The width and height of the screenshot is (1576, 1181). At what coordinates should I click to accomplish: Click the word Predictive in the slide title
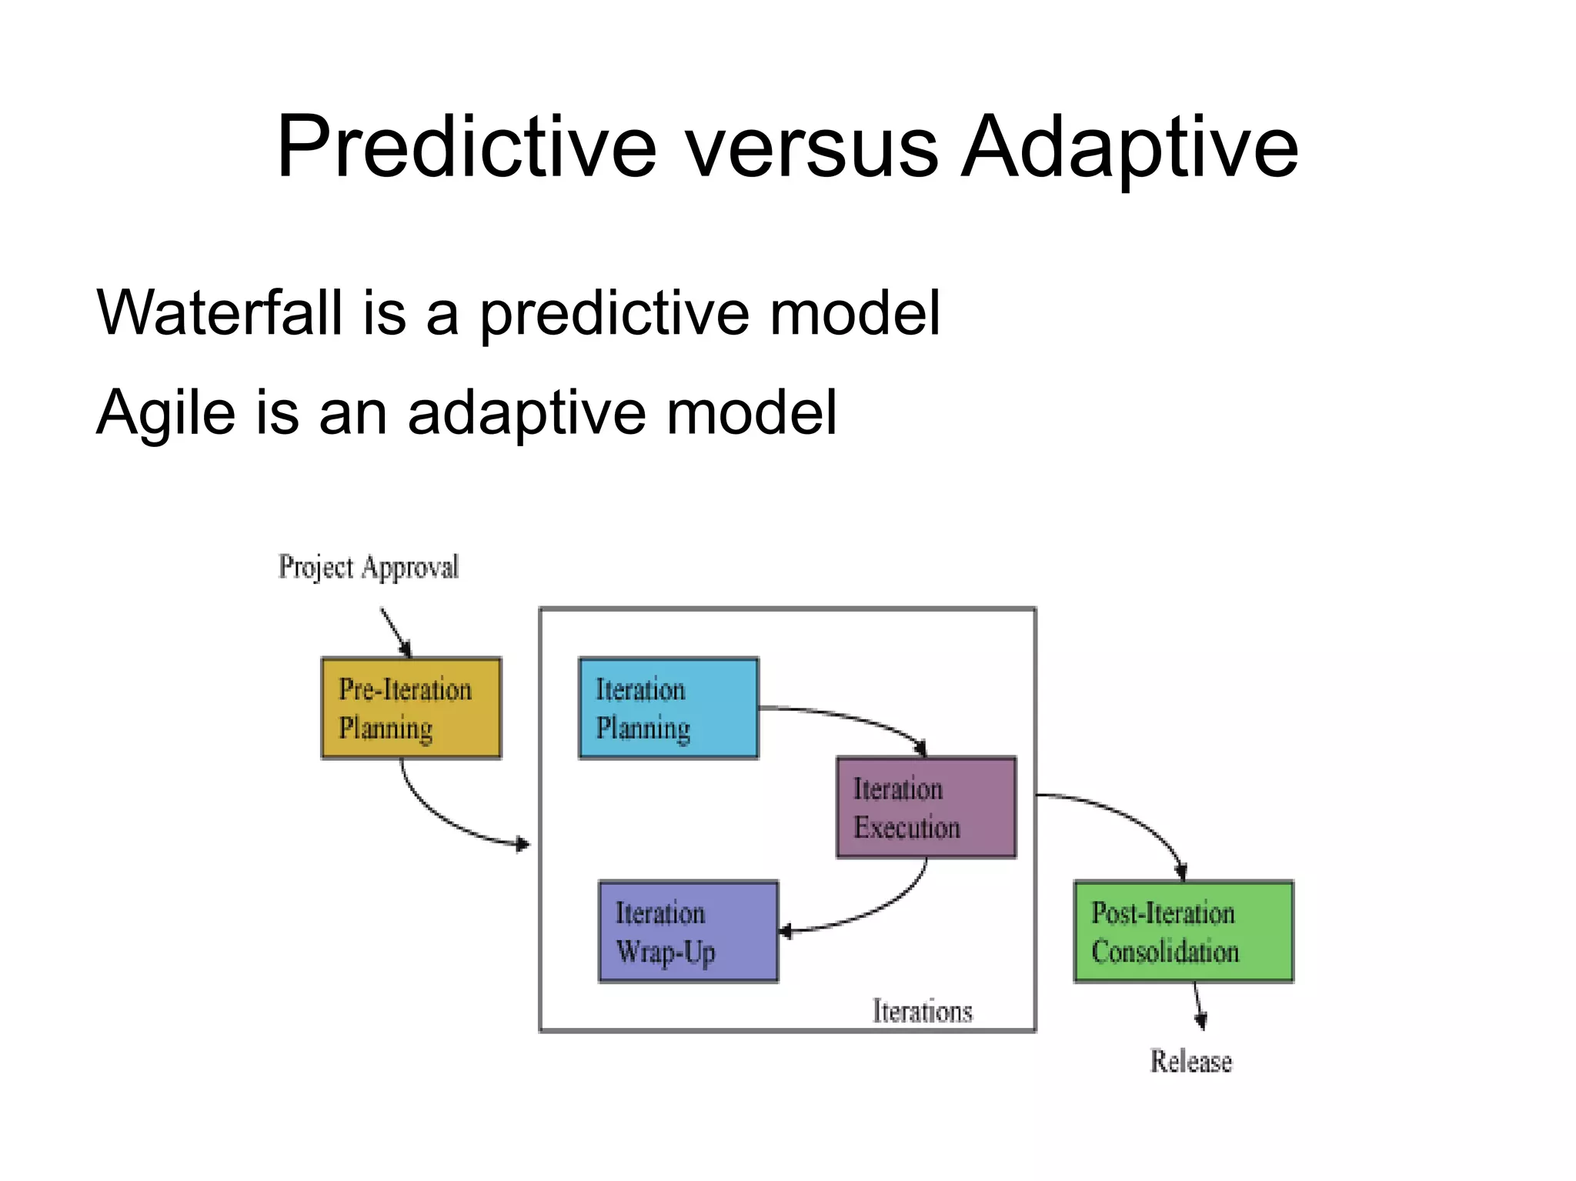pos(466,148)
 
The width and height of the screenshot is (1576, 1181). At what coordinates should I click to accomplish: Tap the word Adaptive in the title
pos(1130,148)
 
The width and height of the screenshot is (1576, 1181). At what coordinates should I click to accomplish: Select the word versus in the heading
pos(811,148)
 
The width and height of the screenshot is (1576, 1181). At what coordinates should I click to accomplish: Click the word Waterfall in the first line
pos(219,313)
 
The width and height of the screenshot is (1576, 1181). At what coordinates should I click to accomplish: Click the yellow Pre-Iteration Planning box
pos(411,709)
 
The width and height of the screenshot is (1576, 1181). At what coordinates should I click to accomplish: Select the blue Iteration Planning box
pos(668,709)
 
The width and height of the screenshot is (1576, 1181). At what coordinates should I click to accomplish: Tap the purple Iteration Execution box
pos(926,807)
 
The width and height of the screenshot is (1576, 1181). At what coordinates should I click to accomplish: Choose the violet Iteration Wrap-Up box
pos(688,932)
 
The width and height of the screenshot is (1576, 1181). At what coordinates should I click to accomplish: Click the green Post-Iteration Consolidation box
pos(1183,932)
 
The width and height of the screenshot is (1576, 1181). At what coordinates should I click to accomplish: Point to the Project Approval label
pos(368,568)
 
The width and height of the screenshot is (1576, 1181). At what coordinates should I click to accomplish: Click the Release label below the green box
pos(1190,1062)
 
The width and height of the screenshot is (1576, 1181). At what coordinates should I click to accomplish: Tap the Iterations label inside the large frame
pos(922,1011)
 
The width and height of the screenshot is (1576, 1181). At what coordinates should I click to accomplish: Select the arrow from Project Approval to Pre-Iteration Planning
pos(396,633)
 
